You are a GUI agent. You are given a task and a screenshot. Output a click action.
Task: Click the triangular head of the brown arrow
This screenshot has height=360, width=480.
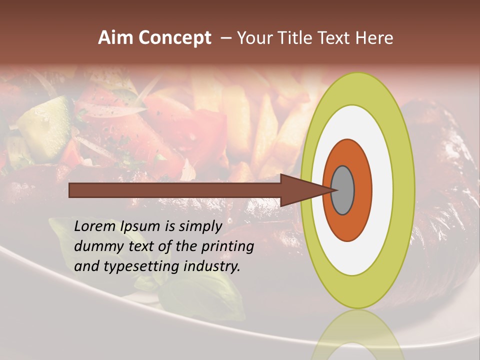[x=300, y=190]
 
